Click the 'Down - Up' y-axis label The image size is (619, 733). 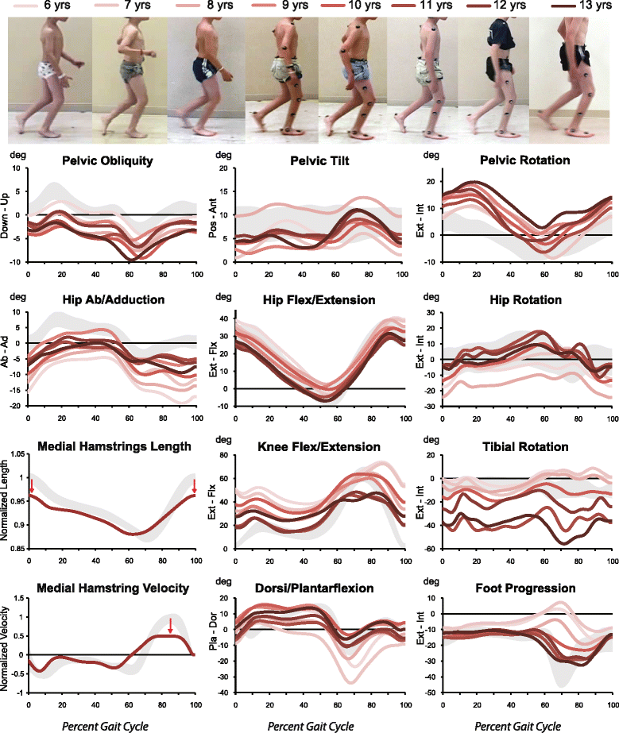[x=10, y=214]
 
